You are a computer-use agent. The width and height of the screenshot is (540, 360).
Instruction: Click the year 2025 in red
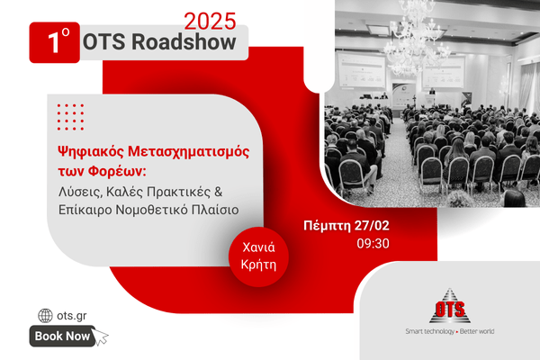click(210, 22)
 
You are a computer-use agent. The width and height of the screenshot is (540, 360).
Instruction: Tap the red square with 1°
click(54, 42)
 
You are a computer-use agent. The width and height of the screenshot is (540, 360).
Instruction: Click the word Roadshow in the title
click(184, 41)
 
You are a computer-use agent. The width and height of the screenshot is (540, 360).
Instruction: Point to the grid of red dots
click(70, 117)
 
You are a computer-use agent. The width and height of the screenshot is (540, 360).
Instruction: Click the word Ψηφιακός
click(90, 151)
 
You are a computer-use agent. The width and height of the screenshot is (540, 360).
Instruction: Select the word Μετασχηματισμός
click(189, 151)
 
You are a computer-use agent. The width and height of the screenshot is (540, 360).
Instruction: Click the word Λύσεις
click(81, 192)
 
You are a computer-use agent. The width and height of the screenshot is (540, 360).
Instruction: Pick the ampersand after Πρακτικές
click(219, 191)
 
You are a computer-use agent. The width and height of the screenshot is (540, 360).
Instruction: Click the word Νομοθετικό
click(151, 210)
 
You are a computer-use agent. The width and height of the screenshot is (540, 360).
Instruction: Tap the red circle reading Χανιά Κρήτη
click(258, 256)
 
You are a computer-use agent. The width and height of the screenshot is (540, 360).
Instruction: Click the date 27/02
click(372, 226)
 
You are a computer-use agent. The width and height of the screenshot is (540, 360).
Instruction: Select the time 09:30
click(373, 244)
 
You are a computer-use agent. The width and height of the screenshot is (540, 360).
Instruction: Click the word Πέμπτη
click(328, 226)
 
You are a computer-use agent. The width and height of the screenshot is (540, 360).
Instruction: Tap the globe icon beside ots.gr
click(45, 316)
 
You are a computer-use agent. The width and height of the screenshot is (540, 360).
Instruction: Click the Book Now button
click(62, 336)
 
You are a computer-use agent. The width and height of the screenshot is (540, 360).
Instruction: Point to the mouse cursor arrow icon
click(100, 337)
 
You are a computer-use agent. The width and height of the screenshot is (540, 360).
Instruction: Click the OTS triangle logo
click(450, 306)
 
